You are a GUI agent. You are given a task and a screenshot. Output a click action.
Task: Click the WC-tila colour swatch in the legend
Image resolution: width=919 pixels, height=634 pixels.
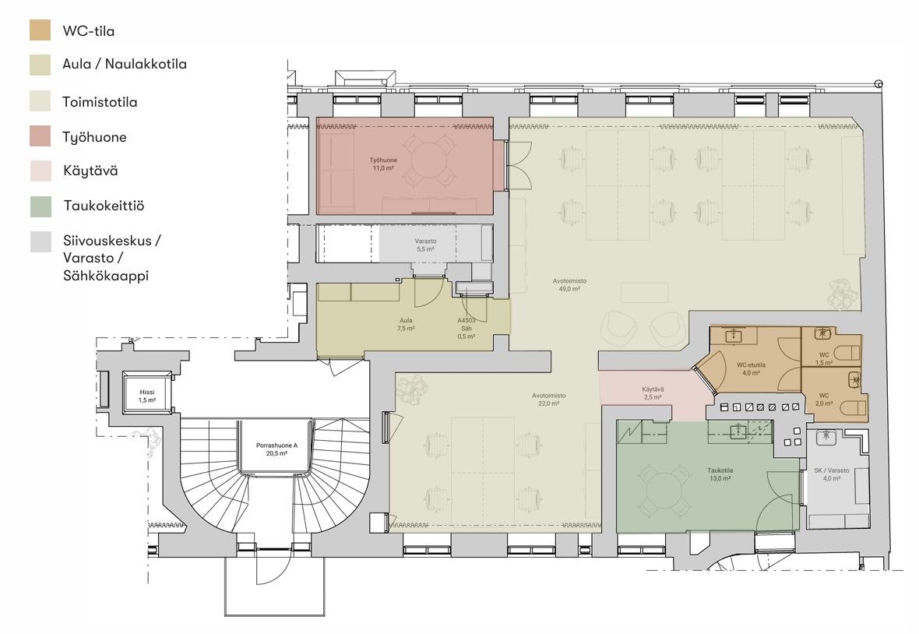40,30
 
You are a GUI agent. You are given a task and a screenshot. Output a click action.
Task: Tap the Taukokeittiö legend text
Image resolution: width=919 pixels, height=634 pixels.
104,206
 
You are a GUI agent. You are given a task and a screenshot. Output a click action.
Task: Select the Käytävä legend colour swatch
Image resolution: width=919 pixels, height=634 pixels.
40,171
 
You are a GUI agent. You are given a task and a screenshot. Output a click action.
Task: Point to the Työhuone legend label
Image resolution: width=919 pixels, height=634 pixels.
94,137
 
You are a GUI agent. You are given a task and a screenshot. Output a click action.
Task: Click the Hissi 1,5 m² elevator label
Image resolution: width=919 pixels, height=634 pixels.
147,396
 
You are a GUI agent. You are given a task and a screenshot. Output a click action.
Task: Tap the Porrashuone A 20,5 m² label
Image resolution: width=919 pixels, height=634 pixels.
276,449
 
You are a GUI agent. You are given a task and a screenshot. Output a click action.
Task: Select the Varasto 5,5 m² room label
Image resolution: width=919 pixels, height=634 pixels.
425,245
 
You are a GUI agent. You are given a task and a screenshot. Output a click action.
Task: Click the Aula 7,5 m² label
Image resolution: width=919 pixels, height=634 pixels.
406,325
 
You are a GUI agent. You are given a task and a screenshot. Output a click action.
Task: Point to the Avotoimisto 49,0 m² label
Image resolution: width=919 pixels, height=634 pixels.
569,285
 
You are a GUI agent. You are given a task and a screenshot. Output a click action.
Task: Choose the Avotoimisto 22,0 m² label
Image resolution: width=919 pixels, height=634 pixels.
548,400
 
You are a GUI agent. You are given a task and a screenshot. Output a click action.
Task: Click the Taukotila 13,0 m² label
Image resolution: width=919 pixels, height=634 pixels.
720,474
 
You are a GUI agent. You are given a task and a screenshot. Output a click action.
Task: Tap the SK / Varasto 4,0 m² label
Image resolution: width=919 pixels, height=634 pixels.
832,474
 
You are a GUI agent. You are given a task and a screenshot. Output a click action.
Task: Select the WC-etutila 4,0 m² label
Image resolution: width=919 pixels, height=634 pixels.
751,368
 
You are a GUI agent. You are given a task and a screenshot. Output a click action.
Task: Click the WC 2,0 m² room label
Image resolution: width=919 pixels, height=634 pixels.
824,400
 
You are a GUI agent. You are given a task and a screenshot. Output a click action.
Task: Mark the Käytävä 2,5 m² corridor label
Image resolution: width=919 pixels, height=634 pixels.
653,393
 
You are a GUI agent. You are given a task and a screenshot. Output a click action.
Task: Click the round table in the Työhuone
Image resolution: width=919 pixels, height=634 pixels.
428,159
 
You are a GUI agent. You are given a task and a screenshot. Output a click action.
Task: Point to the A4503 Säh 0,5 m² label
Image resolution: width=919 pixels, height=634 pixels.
467,329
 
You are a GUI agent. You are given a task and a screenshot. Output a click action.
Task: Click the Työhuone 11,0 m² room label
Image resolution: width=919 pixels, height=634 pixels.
383,164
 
